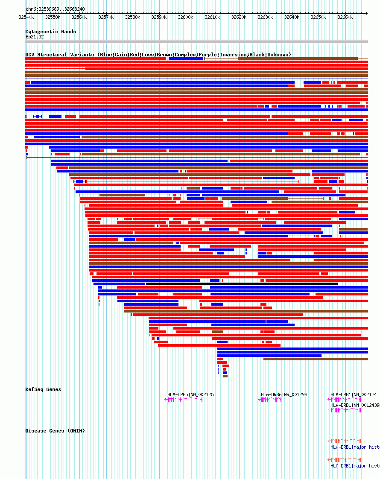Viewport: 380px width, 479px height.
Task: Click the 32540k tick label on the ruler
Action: pyautogui.click(x=26, y=17)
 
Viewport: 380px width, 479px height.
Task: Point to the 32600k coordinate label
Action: pyautogui.click(x=185, y=17)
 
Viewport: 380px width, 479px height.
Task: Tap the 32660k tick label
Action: pyautogui.click(x=345, y=17)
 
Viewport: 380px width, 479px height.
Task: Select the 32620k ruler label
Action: pyautogui.click(x=239, y=17)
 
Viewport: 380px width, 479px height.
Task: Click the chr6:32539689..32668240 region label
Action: pyautogui.click(x=55, y=9)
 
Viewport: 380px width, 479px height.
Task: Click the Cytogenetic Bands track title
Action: pyautogui.click(x=50, y=32)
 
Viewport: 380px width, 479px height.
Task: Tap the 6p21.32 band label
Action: pyautogui.click(x=34, y=37)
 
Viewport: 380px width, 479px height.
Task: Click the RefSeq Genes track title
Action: pyautogui.click(x=43, y=389)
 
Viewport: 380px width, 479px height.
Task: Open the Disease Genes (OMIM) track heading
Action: pyautogui.click(x=55, y=431)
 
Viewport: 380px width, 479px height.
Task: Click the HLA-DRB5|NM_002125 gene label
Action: pyautogui.click(x=190, y=394)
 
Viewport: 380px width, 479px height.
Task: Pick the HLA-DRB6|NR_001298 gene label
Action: pyautogui.click(x=284, y=394)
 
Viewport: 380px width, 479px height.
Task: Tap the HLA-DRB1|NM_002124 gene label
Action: pyautogui.click(x=354, y=394)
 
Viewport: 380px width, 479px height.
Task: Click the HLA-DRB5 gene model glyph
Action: pyautogui.click(x=184, y=400)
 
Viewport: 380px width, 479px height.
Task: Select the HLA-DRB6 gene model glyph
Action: pyautogui.click(x=270, y=400)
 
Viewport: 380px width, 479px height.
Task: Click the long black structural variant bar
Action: pyautogui.click(x=242, y=284)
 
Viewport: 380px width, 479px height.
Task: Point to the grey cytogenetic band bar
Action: pyautogui.click(x=196, y=41)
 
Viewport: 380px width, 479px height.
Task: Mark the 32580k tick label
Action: pyautogui.click(x=132, y=17)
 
